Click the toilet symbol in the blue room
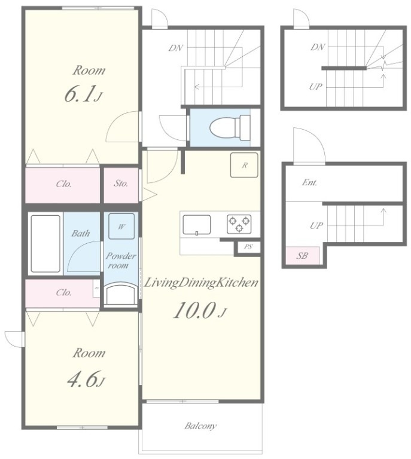pyautogui.click(x=230, y=128)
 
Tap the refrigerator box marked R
pyautogui.click(x=244, y=165)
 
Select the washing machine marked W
pyautogui.click(x=121, y=227)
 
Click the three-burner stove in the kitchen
pyautogui.click(x=239, y=224)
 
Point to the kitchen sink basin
pyautogui.click(x=197, y=225)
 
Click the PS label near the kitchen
pyautogui.click(x=248, y=247)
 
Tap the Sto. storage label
pyautogui.click(x=121, y=183)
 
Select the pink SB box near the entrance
pyautogui.click(x=302, y=256)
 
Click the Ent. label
pyautogui.click(x=310, y=183)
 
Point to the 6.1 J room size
pyautogui.click(x=83, y=94)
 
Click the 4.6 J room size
pyautogui.click(x=86, y=380)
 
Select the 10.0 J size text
pyautogui.click(x=200, y=310)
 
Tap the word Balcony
pyautogui.click(x=200, y=426)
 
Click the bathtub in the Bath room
pyautogui.click(x=45, y=244)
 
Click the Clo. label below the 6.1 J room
pyautogui.click(x=64, y=184)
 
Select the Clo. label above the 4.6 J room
pyautogui.click(x=64, y=292)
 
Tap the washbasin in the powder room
pyautogui.click(x=121, y=294)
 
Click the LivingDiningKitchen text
pyautogui.click(x=202, y=283)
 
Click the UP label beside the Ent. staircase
pyautogui.click(x=316, y=225)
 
